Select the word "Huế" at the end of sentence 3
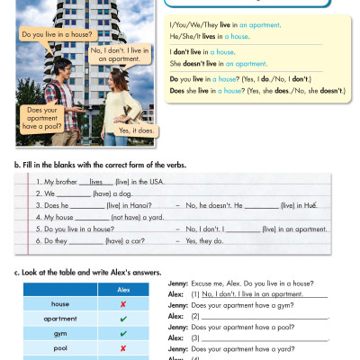[311, 204]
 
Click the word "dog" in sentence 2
[136, 193]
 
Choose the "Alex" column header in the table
[123, 290]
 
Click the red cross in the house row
[123, 304]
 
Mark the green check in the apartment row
[123, 319]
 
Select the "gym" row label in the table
[60, 333]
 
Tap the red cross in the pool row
[123, 347]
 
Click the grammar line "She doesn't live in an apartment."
[217, 64]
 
